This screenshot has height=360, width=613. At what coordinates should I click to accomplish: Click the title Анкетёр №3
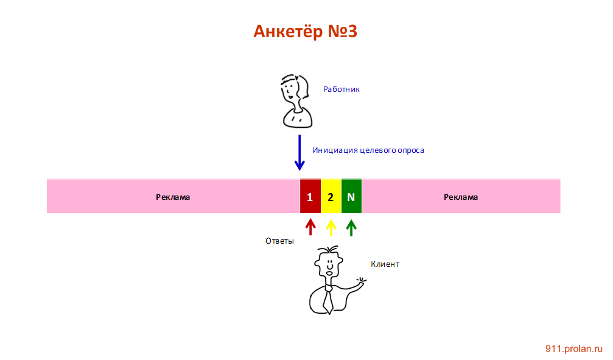[305, 31]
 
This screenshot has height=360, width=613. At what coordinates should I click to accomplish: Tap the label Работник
[342, 89]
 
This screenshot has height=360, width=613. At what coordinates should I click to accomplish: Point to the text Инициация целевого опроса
[368, 150]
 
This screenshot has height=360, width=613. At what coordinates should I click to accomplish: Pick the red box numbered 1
[310, 197]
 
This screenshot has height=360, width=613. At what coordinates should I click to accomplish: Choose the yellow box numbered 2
[331, 197]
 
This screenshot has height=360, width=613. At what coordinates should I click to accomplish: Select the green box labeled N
[351, 197]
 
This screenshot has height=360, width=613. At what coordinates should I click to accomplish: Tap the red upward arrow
[310, 227]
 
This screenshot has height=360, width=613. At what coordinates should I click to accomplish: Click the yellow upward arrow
[331, 227]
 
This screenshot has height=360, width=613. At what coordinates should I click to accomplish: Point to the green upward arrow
[351, 227]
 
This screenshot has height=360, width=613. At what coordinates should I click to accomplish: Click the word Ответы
[279, 241]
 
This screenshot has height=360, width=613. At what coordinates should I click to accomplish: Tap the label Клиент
[385, 264]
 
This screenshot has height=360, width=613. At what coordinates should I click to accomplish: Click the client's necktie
[328, 299]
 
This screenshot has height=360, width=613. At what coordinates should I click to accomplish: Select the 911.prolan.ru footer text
[573, 348]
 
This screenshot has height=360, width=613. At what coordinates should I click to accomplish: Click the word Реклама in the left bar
[173, 197]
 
